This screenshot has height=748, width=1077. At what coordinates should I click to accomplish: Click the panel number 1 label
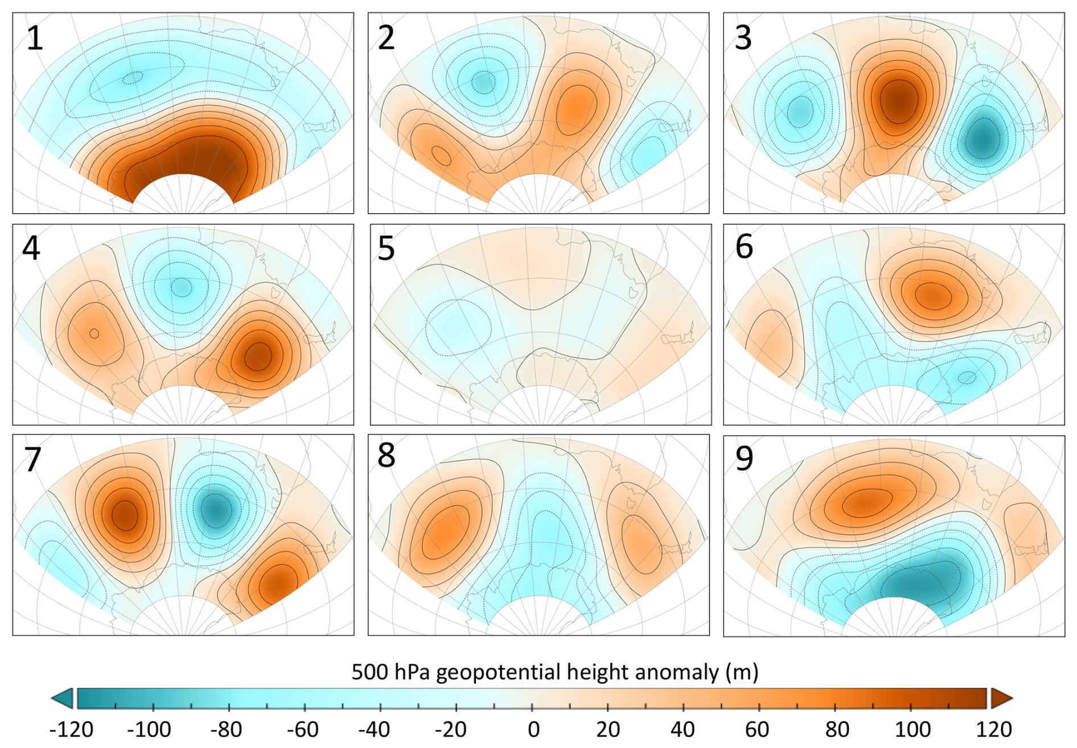(35, 39)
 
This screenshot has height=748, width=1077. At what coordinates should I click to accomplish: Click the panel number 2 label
(386, 38)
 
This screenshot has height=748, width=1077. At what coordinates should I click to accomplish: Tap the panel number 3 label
(743, 38)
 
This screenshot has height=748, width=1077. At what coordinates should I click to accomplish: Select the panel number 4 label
(31, 248)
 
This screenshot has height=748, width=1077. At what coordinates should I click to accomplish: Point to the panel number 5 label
(386, 248)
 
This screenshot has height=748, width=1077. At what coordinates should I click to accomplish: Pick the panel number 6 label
(744, 247)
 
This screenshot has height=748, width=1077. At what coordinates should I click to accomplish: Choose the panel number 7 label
(33, 459)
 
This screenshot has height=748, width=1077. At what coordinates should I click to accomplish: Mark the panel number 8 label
(386, 455)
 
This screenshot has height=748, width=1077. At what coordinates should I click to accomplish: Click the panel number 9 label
(744, 458)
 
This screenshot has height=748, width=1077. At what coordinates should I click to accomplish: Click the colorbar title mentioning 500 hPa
(554, 672)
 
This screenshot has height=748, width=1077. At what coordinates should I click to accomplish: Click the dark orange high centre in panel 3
(899, 100)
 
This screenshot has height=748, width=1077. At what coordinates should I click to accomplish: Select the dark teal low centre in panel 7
(215, 509)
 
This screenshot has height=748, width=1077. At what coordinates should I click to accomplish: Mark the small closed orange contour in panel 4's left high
(94, 333)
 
